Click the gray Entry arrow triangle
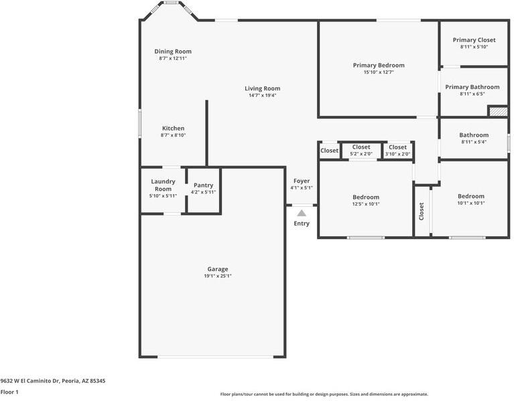pos(302,214)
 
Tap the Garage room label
pos(218,269)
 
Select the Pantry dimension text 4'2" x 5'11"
pos(203,192)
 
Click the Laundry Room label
pos(163,185)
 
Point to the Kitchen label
pos(173,129)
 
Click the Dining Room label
pos(173,52)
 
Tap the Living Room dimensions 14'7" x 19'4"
pos(262,96)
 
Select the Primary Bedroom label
pos(379,65)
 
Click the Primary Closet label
pos(474,40)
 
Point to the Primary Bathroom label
pos(472,87)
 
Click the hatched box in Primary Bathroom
pos(499,111)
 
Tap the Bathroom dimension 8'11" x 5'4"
pos(474,142)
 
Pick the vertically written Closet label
pos(422,211)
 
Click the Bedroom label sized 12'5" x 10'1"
pos(366,197)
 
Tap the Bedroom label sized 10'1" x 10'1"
pos(471,196)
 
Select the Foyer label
pos(302,181)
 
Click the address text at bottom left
pos(53,381)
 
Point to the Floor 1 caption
pos(9,392)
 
